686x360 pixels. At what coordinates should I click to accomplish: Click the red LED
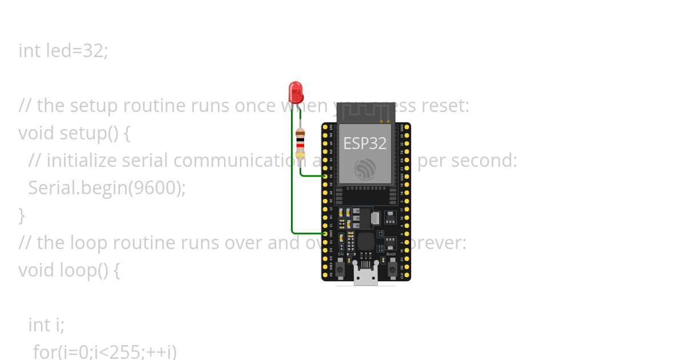pos(296,92)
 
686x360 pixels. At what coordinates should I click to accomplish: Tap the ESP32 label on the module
pos(365,143)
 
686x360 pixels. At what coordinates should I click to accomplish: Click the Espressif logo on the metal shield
pos(365,169)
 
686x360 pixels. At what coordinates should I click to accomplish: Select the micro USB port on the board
pos(366,277)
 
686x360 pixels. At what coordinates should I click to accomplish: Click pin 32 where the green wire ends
pos(325,176)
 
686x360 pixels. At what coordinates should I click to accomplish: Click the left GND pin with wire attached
pos(325,233)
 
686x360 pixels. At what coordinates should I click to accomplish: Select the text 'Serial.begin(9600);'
pos(107,188)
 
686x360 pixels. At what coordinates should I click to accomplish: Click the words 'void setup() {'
pos(74,133)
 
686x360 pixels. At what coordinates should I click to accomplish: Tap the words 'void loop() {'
pos(69,270)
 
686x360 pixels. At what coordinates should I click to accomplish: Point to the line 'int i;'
pos(46,325)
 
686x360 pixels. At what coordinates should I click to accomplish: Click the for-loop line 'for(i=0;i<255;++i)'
pos(105,351)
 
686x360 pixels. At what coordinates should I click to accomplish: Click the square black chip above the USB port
pos(366,241)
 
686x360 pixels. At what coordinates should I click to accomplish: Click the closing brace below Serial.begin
pos(22,215)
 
